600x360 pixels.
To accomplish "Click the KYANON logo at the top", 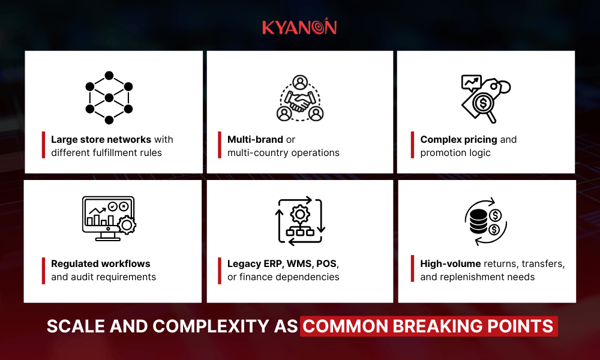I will click(x=299, y=27).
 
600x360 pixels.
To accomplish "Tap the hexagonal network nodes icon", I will click(x=109, y=98).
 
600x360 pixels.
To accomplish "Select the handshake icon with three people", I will click(x=300, y=98).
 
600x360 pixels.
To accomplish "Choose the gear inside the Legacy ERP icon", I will click(x=299, y=214).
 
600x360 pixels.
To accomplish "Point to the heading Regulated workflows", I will click(x=101, y=263).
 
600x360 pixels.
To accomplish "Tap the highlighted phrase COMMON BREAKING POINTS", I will click(x=428, y=326).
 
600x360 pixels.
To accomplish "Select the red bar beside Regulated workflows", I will click(x=44, y=270).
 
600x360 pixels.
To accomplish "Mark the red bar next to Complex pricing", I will click(x=413, y=146).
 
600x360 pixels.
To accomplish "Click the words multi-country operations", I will click(x=283, y=153).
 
